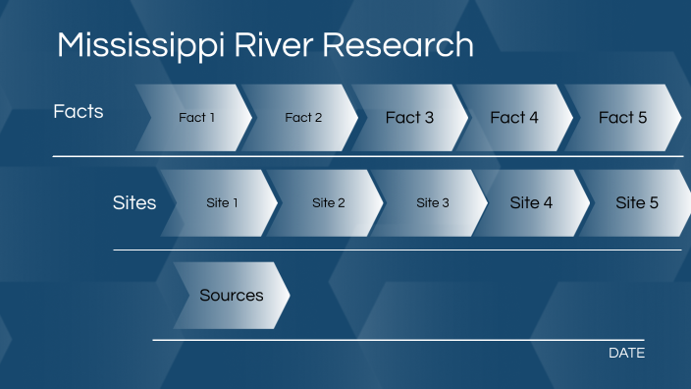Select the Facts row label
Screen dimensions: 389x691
tap(79, 112)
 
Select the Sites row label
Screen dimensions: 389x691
tap(134, 203)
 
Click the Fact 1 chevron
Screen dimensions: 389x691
tap(196, 118)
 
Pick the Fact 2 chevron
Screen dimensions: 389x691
tap(303, 118)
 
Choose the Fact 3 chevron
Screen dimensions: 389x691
tap(409, 118)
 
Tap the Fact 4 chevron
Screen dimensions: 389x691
tap(514, 118)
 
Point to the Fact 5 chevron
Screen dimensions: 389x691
tap(623, 118)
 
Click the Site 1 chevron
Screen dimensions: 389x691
tap(223, 203)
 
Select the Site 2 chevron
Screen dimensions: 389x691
tap(329, 203)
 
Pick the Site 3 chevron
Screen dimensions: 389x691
tap(433, 203)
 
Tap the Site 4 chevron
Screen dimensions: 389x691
tap(531, 203)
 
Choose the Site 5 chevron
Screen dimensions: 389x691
tap(637, 203)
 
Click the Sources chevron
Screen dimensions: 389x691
tap(232, 295)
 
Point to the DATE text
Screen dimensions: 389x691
tap(626, 353)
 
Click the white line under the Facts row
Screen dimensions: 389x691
tap(368, 156)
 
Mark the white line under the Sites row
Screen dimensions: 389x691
tap(398, 250)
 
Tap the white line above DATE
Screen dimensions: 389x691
tap(398, 340)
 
